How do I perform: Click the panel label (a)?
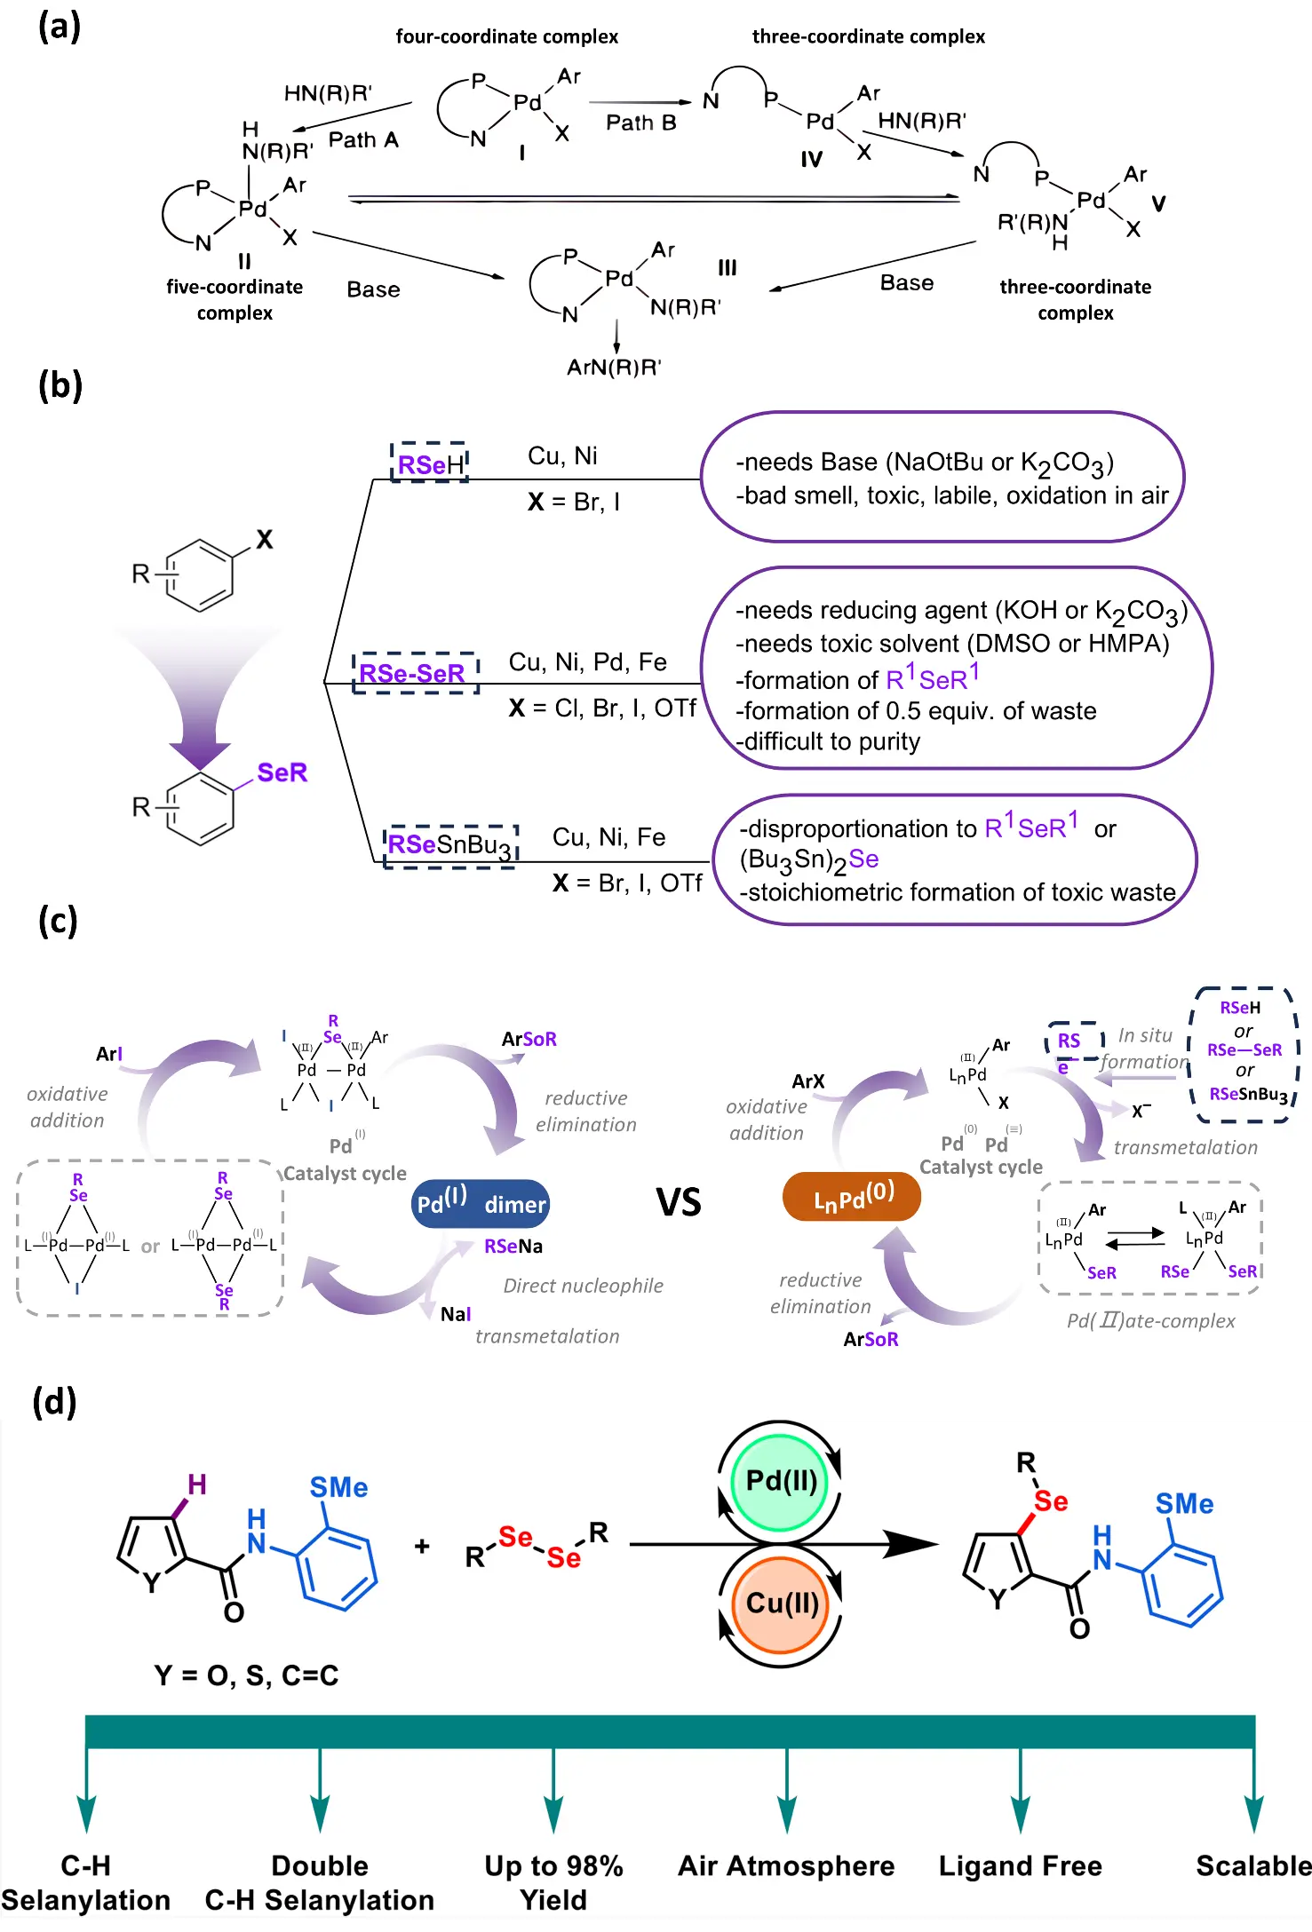(x=60, y=27)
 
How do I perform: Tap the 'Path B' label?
(x=640, y=123)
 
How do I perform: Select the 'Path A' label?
(x=363, y=140)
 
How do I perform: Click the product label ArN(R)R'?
(x=614, y=368)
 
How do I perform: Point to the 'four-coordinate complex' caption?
(x=506, y=36)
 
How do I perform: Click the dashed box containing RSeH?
(x=430, y=463)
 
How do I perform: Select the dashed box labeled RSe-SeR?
(x=415, y=673)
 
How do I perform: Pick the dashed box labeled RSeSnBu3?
(x=450, y=845)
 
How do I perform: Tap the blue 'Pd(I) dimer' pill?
(x=481, y=1203)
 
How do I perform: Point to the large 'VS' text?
(x=679, y=1203)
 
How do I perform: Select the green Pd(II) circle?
(x=781, y=1481)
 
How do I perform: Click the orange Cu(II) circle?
(x=781, y=1603)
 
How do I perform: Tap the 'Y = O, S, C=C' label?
(x=246, y=1675)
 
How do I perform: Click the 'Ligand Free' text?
(x=1020, y=1866)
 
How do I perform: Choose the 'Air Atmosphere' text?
(x=786, y=1866)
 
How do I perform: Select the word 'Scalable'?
(x=1252, y=1866)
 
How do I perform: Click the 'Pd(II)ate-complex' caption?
(x=1150, y=1321)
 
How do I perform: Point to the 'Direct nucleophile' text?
(x=583, y=1286)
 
